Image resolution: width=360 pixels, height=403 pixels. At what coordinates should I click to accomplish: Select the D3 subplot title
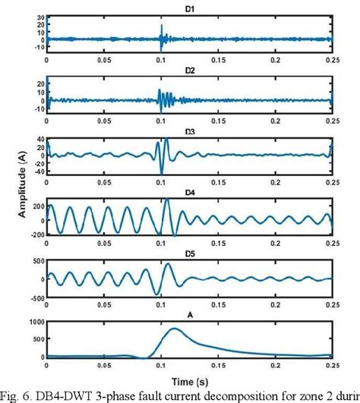(190, 131)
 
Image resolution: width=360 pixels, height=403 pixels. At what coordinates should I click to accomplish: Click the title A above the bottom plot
(190, 310)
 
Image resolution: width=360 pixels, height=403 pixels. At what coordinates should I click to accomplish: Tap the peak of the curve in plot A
(174, 329)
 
